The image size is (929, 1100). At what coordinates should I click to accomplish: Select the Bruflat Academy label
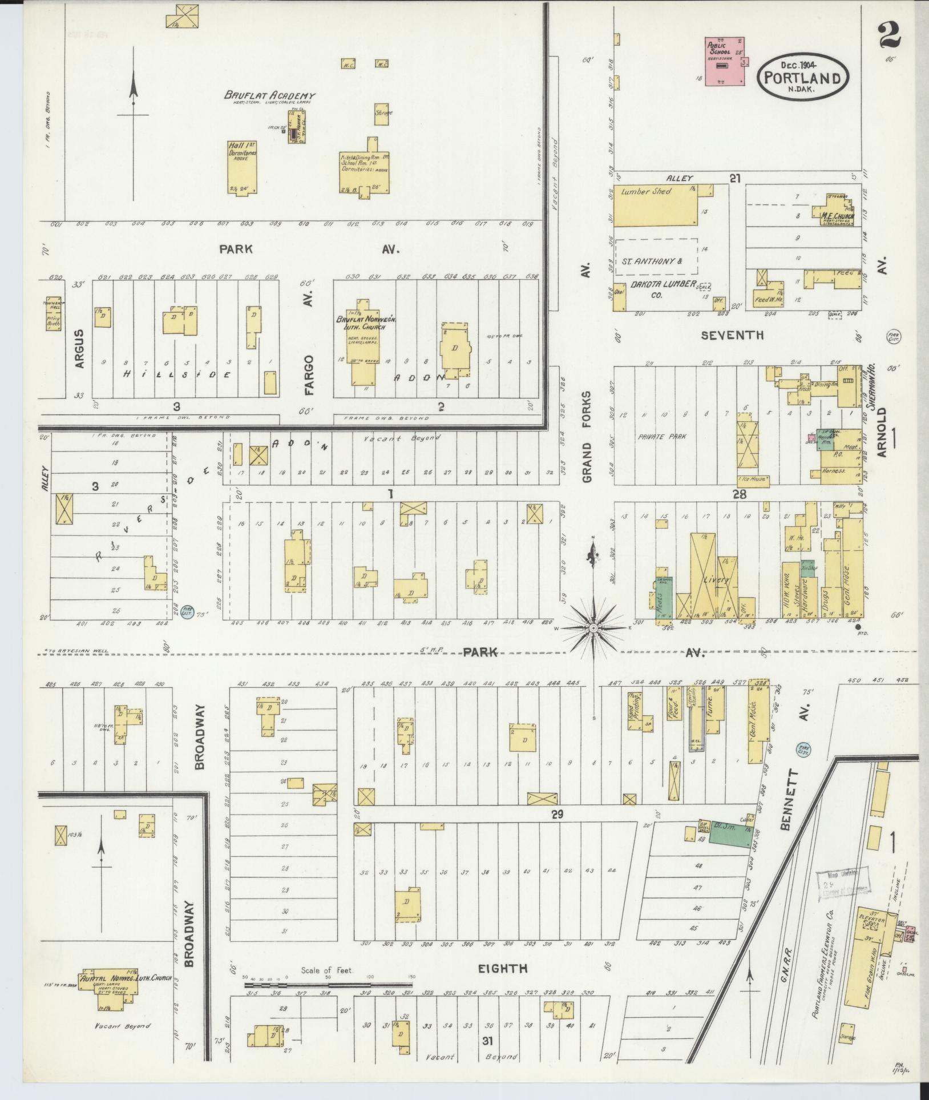269,96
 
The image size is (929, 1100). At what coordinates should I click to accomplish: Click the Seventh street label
732,335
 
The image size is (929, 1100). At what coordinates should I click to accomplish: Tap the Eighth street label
503,968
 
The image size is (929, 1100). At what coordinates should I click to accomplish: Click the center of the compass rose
593,628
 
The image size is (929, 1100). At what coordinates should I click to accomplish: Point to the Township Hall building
53,313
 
